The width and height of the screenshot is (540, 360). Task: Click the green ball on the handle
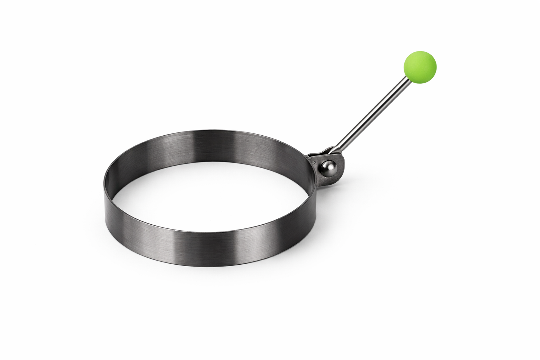420,67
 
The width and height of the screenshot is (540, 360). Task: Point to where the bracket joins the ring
313,164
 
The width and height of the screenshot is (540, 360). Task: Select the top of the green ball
420,52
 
